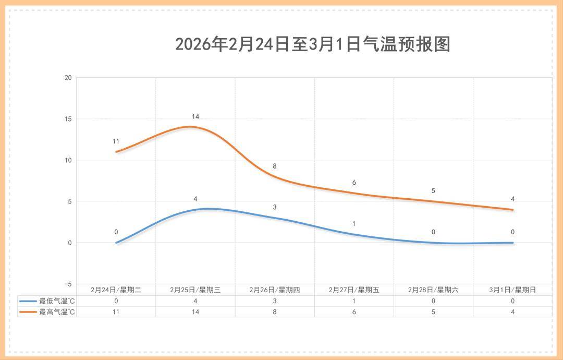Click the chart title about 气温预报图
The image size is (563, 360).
(312, 44)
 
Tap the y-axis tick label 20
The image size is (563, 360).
(68, 78)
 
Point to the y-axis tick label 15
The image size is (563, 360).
(68, 119)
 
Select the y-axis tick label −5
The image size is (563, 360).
(68, 284)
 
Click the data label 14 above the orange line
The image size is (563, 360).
(195, 116)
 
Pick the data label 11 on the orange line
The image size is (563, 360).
(116, 141)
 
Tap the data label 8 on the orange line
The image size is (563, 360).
(275, 166)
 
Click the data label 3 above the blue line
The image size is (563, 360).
(275, 207)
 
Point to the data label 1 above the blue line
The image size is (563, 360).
(354, 224)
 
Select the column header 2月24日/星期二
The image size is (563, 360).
(116, 290)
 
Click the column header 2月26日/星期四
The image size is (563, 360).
(275, 290)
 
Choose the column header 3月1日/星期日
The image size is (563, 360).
(512, 290)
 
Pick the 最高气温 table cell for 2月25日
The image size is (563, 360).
(195, 312)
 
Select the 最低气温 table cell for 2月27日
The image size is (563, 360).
(354, 301)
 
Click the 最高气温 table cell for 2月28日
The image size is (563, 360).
(433, 312)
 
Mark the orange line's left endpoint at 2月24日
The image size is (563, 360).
(116, 152)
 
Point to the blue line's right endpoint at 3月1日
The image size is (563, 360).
(512, 243)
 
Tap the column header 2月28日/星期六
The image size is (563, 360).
(433, 290)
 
